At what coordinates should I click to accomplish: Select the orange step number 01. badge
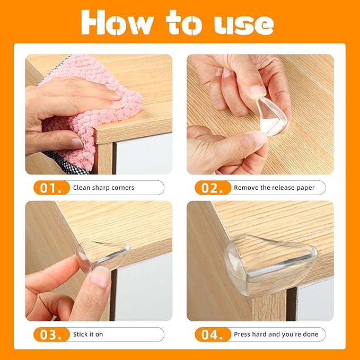coord(52,188)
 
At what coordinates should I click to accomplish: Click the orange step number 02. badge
coord(213,188)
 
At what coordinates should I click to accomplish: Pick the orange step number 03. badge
coord(52,335)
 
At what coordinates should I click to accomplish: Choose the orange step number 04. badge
coord(213,335)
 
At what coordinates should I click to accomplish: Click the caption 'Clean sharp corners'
coord(104,188)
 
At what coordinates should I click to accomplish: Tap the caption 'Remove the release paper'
coord(274,188)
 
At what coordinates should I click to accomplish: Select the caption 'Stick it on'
coord(88,335)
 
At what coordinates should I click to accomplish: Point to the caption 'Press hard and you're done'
coord(276,335)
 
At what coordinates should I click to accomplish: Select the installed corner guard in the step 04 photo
coord(268,260)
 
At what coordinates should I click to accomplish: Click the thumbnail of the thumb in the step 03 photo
coord(100,277)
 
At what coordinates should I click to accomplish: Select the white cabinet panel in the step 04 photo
coord(315,300)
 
